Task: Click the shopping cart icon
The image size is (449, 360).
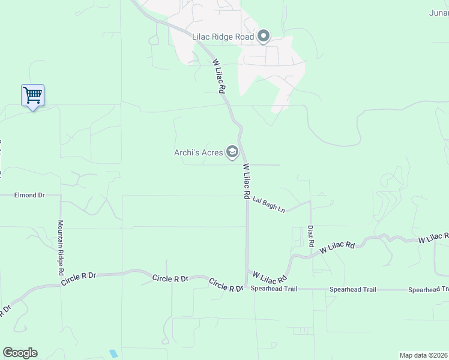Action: coord(32,95)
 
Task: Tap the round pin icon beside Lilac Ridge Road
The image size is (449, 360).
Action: coord(263,37)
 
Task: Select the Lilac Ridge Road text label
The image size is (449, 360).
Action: coord(223,37)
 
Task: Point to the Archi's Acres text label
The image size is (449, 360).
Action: coord(198,152)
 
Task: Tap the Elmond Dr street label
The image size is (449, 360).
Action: coord(30,195)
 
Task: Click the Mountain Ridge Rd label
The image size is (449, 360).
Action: coord(61,248)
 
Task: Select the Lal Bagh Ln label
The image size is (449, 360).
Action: coord(268,203)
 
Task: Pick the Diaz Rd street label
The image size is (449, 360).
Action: coord(310,236)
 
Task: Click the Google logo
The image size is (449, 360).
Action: coord(20,353)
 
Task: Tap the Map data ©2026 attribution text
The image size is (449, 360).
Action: coord(423,355)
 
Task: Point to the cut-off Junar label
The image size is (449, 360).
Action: coord(439,13)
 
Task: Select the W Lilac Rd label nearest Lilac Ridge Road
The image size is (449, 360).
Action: coord(218,76)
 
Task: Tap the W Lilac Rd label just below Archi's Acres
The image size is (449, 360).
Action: coord(246,182)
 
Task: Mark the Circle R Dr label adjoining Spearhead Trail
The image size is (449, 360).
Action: coord(226,285)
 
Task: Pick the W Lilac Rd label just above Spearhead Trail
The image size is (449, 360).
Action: coord(270,277)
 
